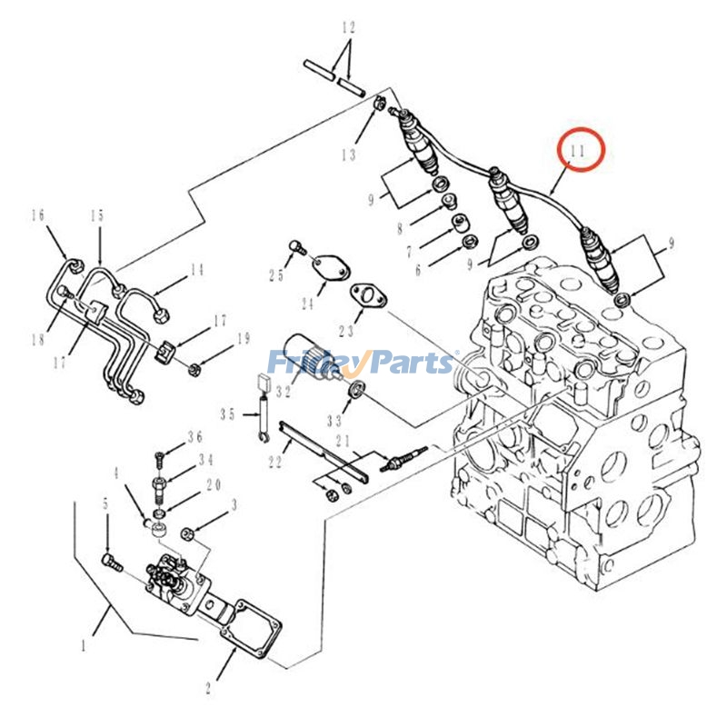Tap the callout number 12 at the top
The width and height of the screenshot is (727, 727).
click(347, 28)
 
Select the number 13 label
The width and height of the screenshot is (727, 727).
click(349, 155)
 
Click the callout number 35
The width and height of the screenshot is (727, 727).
click(227, 414)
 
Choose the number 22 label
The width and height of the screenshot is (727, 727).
click(275, 463)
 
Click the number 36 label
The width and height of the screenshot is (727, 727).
click(194, 437)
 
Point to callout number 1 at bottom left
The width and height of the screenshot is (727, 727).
click(84, 646)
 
